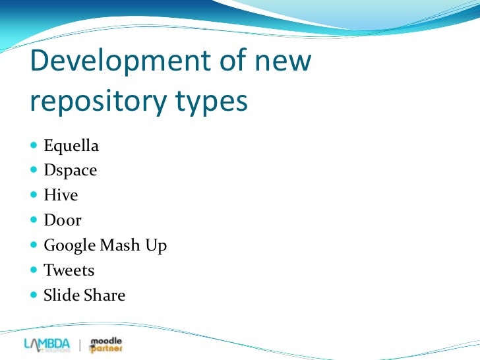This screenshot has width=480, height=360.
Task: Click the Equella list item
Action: point(71,145)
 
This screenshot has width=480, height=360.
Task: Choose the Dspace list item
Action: point(70,170)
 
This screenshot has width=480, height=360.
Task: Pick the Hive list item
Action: point(61,195)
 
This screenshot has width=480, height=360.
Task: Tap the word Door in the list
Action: point(62,220)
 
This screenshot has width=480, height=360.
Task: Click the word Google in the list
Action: point(69,246)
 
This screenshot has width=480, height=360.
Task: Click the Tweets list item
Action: point(69,270)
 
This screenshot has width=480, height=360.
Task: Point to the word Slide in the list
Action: point(61,295)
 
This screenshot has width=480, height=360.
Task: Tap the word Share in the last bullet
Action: point(104,295)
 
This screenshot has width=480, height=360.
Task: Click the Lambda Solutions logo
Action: point(47,344)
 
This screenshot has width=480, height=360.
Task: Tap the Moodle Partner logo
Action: point(106,344)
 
